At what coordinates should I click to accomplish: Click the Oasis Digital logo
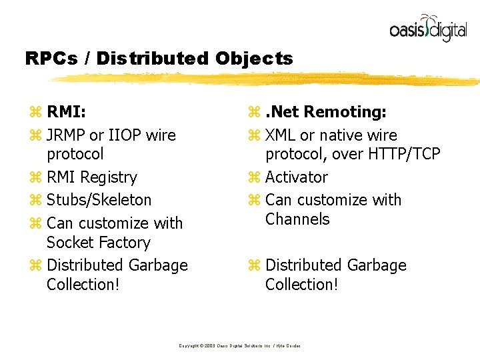coord(427,28)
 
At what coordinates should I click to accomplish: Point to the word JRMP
coord(66,135)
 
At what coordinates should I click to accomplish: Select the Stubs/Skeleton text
coord(99,200)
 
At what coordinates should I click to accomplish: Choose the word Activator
coord(296,177)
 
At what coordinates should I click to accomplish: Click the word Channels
coord(297,219)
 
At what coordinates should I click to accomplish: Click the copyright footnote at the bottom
coord(239,345)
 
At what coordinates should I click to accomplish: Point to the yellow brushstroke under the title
coord(267,79)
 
